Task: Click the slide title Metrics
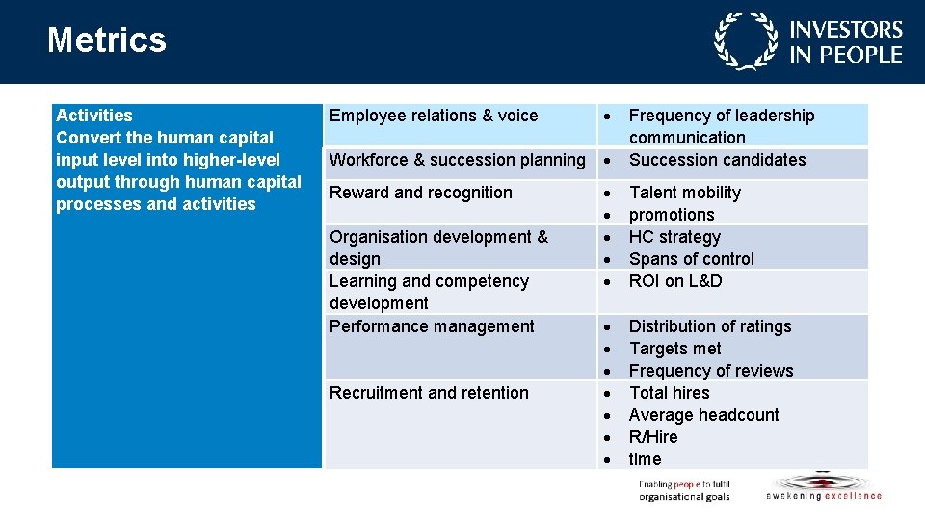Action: tap(107, 40)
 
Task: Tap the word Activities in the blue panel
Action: tap(94, 116)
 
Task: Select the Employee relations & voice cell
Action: tap(434, 116)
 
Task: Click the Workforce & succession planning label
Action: tap(457, 160)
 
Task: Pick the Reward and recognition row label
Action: tap(421, 193)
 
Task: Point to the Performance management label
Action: tap(432, 326)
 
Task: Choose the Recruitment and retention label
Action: tap(429, 393)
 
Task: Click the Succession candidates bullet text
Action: tap(717, 160)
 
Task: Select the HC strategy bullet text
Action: tap(674, 237)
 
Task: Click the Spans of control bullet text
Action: tap(691, 259)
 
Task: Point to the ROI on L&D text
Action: tap(674, 281)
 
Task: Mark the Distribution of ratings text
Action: tap(710, 326)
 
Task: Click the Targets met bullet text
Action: tap(674, 349)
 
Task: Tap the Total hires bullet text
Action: tap(669, 393)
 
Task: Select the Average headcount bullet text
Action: tap(703, 415)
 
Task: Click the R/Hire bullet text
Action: tap(653, 437)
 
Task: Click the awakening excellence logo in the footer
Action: tap(823, 487)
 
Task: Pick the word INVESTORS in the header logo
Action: tap(846, 31)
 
